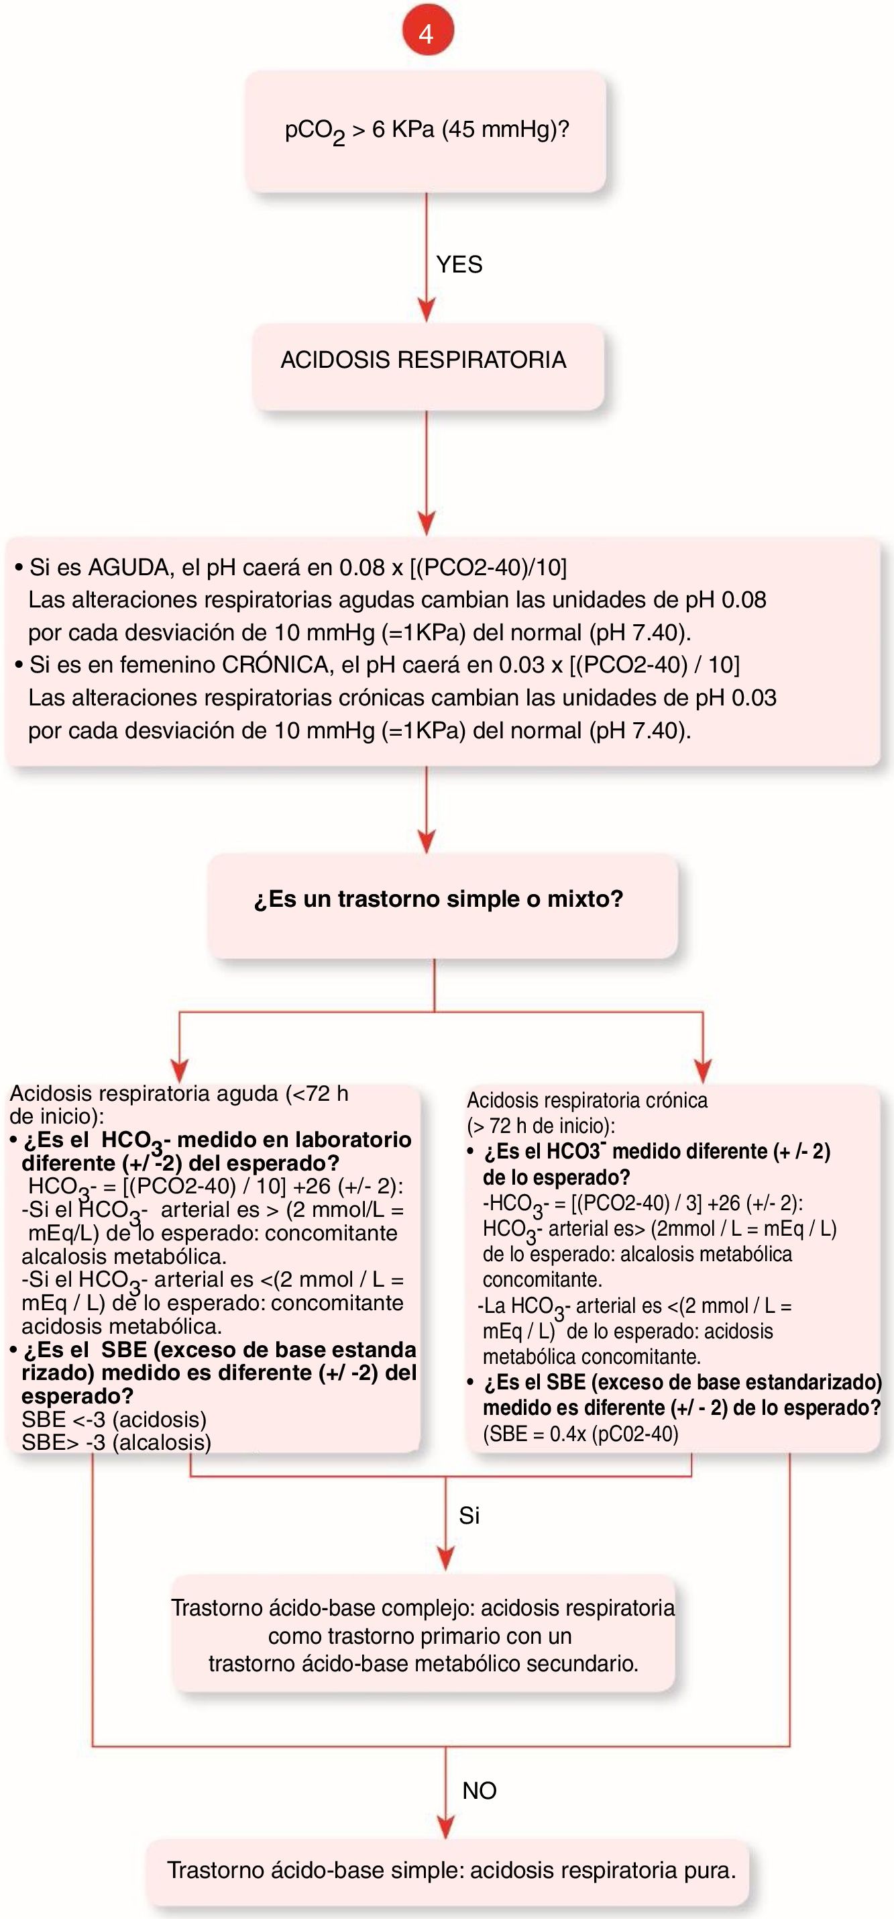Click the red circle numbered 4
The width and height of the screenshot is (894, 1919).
point(427,32)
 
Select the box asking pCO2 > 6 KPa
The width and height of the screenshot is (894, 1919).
point(426,132)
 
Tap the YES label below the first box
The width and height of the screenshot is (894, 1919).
point(459,264)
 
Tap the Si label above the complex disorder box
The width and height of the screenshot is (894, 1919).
point(469,1516)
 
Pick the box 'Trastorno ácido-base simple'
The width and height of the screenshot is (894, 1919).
point(450,1870)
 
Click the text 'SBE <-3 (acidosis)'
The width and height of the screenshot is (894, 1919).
point(114,1419)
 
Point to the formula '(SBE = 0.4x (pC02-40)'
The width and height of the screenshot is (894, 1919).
point(581,1434)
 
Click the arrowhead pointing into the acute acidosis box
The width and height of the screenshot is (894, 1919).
point(179,1070)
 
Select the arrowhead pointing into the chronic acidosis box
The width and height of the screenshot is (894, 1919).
point(703,1070)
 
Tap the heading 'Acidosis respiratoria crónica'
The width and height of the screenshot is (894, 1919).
point(587,1100)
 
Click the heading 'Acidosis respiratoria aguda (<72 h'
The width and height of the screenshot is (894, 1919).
point(178,1093)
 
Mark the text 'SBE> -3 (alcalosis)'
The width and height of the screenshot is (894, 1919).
point(116,1442)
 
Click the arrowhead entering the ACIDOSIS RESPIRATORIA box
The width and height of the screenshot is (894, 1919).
point(427,309)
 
